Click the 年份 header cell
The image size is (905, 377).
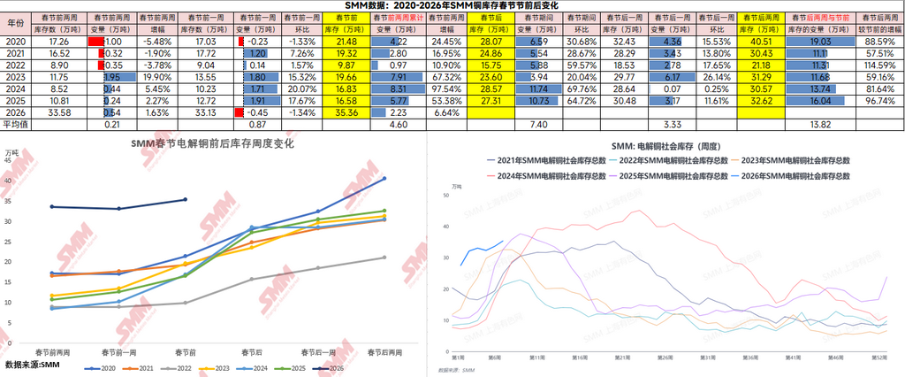coord(15,24)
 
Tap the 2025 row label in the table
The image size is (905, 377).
coord(15,101)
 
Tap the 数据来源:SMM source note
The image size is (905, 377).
coord(32,364)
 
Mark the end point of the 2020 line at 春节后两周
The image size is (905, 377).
coord(384,179)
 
